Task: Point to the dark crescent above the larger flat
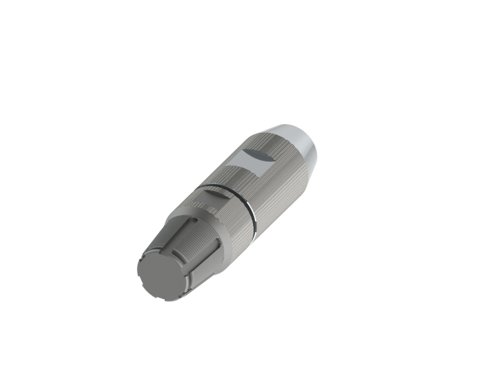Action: (x=259, y=154)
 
